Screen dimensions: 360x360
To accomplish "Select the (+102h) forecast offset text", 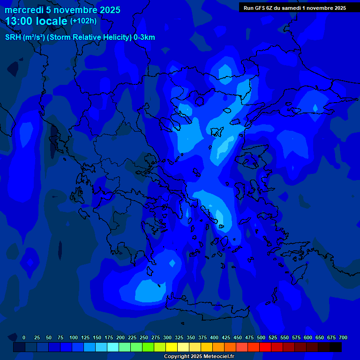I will coord(83,21).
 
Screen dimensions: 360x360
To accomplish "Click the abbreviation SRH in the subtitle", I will coord(13,37).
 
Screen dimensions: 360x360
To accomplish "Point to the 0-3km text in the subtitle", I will coord(144,37).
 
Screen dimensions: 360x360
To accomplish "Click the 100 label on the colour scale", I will coord(74,337).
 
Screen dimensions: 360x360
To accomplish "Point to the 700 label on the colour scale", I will coord(343,337).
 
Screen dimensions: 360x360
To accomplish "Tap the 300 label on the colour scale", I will coord(167,337).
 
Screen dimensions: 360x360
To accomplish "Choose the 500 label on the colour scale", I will coord(261,337).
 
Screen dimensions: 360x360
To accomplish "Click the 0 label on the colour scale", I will coord(24,337).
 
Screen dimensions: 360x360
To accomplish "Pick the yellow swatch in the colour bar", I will coord(172,347).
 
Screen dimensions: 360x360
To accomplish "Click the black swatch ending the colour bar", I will coord(336,347).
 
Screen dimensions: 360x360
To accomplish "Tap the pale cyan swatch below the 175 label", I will coord(113,347).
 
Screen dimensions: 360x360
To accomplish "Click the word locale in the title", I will coord(52,21).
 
